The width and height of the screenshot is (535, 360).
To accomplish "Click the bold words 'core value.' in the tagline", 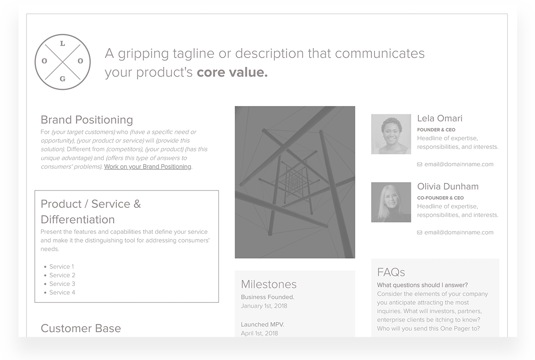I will click(232, 72).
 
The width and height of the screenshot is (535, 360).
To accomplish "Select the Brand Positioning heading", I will click(87, 120).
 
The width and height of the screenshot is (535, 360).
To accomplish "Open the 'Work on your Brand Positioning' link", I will click(148, 167).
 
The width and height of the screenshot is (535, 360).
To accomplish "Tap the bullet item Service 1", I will click(61, 266).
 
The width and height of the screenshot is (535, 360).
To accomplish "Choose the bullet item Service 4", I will click(62, 292).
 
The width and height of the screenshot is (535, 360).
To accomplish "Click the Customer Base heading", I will click(81, 328).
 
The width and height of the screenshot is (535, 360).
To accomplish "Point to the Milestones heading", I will click(269, 284).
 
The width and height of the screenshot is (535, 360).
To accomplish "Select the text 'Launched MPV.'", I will click(262, 324).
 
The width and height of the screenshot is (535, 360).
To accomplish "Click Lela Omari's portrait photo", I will click(391, 134).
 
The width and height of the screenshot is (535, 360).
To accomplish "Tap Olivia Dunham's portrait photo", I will click(391, 202).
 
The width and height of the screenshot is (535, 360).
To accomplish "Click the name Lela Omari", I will click(440, 118).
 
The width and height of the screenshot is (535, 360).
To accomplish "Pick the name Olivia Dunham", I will click(448, 186).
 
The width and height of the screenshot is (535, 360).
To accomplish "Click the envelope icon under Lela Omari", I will click(420, 164).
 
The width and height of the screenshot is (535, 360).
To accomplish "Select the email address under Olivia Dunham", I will click(459, 232).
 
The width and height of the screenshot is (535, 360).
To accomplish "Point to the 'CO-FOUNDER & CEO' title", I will click(440, 198).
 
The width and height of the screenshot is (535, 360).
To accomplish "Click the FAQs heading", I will click(391, 272).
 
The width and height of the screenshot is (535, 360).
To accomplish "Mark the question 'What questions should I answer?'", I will click(423, 285).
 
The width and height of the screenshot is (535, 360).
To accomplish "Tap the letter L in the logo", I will click(63, 44).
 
